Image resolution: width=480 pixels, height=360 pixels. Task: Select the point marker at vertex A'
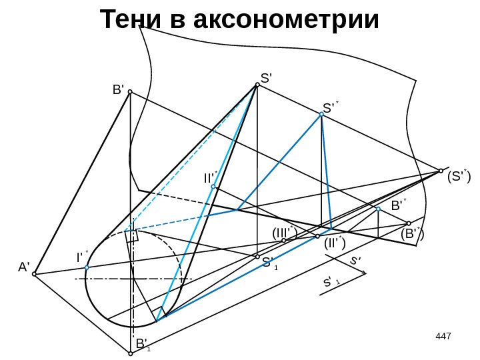tap(35, 273)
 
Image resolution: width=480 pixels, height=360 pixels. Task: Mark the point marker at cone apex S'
tap(257, 85)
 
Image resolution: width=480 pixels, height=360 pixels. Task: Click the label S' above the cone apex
tap(267, 78)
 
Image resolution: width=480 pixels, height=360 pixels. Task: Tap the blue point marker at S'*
tap(321, 115)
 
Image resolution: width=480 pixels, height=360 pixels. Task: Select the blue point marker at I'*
tap(87, 268)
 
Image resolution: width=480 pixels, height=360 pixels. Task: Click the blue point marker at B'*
tap(378, 209)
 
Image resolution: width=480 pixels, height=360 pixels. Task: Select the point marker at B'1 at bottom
tap(131, 354)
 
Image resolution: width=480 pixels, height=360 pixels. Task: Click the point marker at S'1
tap(257, 256)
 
